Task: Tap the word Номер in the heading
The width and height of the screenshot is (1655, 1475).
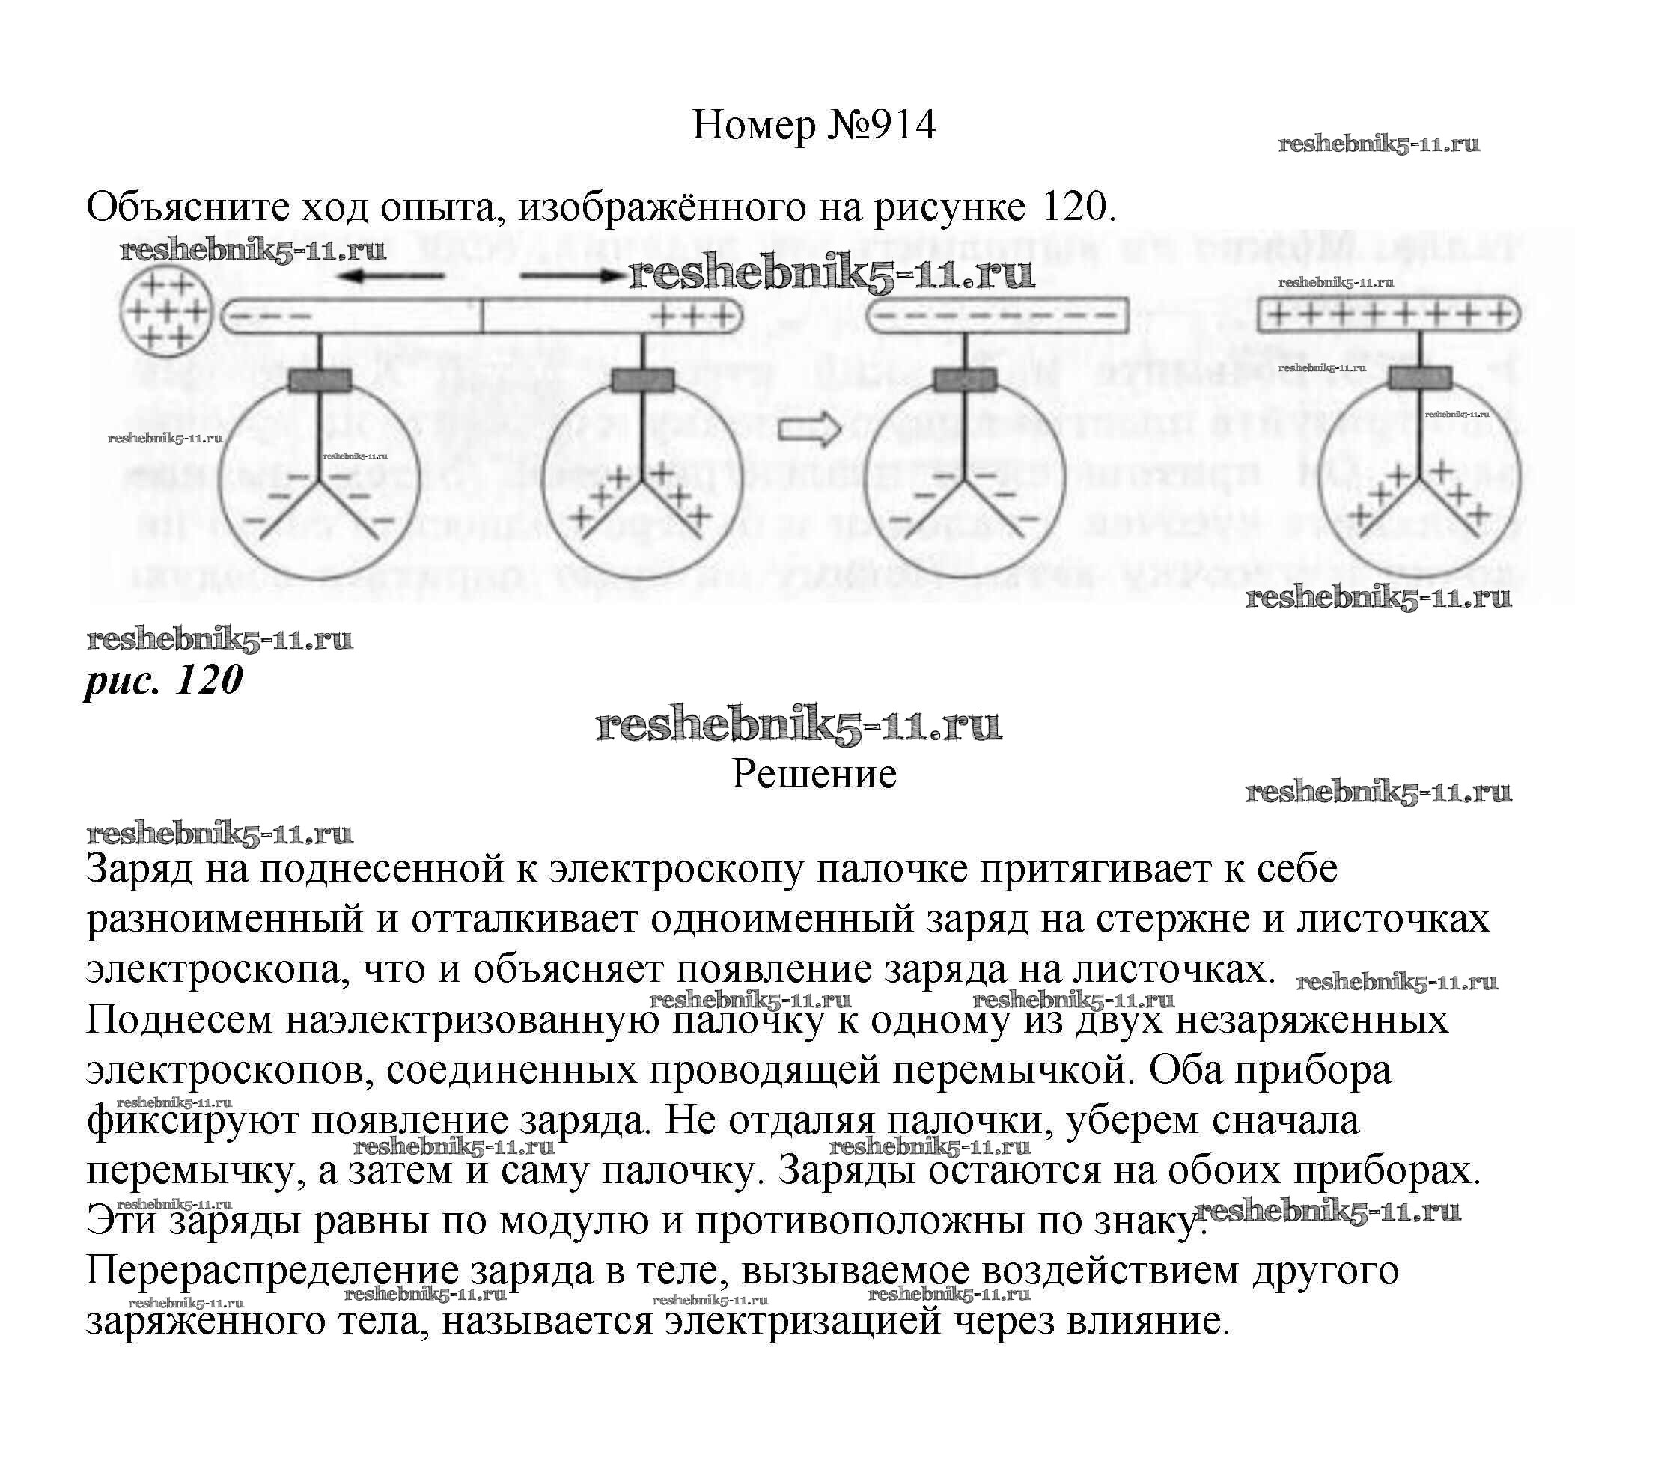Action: tap(754, 126)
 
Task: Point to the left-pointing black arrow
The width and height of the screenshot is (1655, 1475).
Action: tap(391, 276)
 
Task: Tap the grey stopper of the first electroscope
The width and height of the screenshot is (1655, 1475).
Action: tap(320, 379)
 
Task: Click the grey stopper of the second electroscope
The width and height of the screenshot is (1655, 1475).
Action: tap(643, 379)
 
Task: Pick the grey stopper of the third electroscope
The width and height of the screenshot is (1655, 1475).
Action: tap(966, 379)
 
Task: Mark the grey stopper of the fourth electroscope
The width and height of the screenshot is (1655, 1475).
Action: tap(1419, 378)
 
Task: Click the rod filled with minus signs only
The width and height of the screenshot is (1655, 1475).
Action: tap(998, 315)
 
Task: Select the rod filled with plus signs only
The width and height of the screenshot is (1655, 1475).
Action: tap(1389, 314)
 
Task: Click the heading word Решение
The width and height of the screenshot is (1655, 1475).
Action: tap(814, 774)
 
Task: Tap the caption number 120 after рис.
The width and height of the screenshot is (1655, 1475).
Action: tap(208, 680)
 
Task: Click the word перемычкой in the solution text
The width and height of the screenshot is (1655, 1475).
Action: tap(1010, 1070)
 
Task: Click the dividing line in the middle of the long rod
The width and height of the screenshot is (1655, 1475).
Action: tap(483, 316)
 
